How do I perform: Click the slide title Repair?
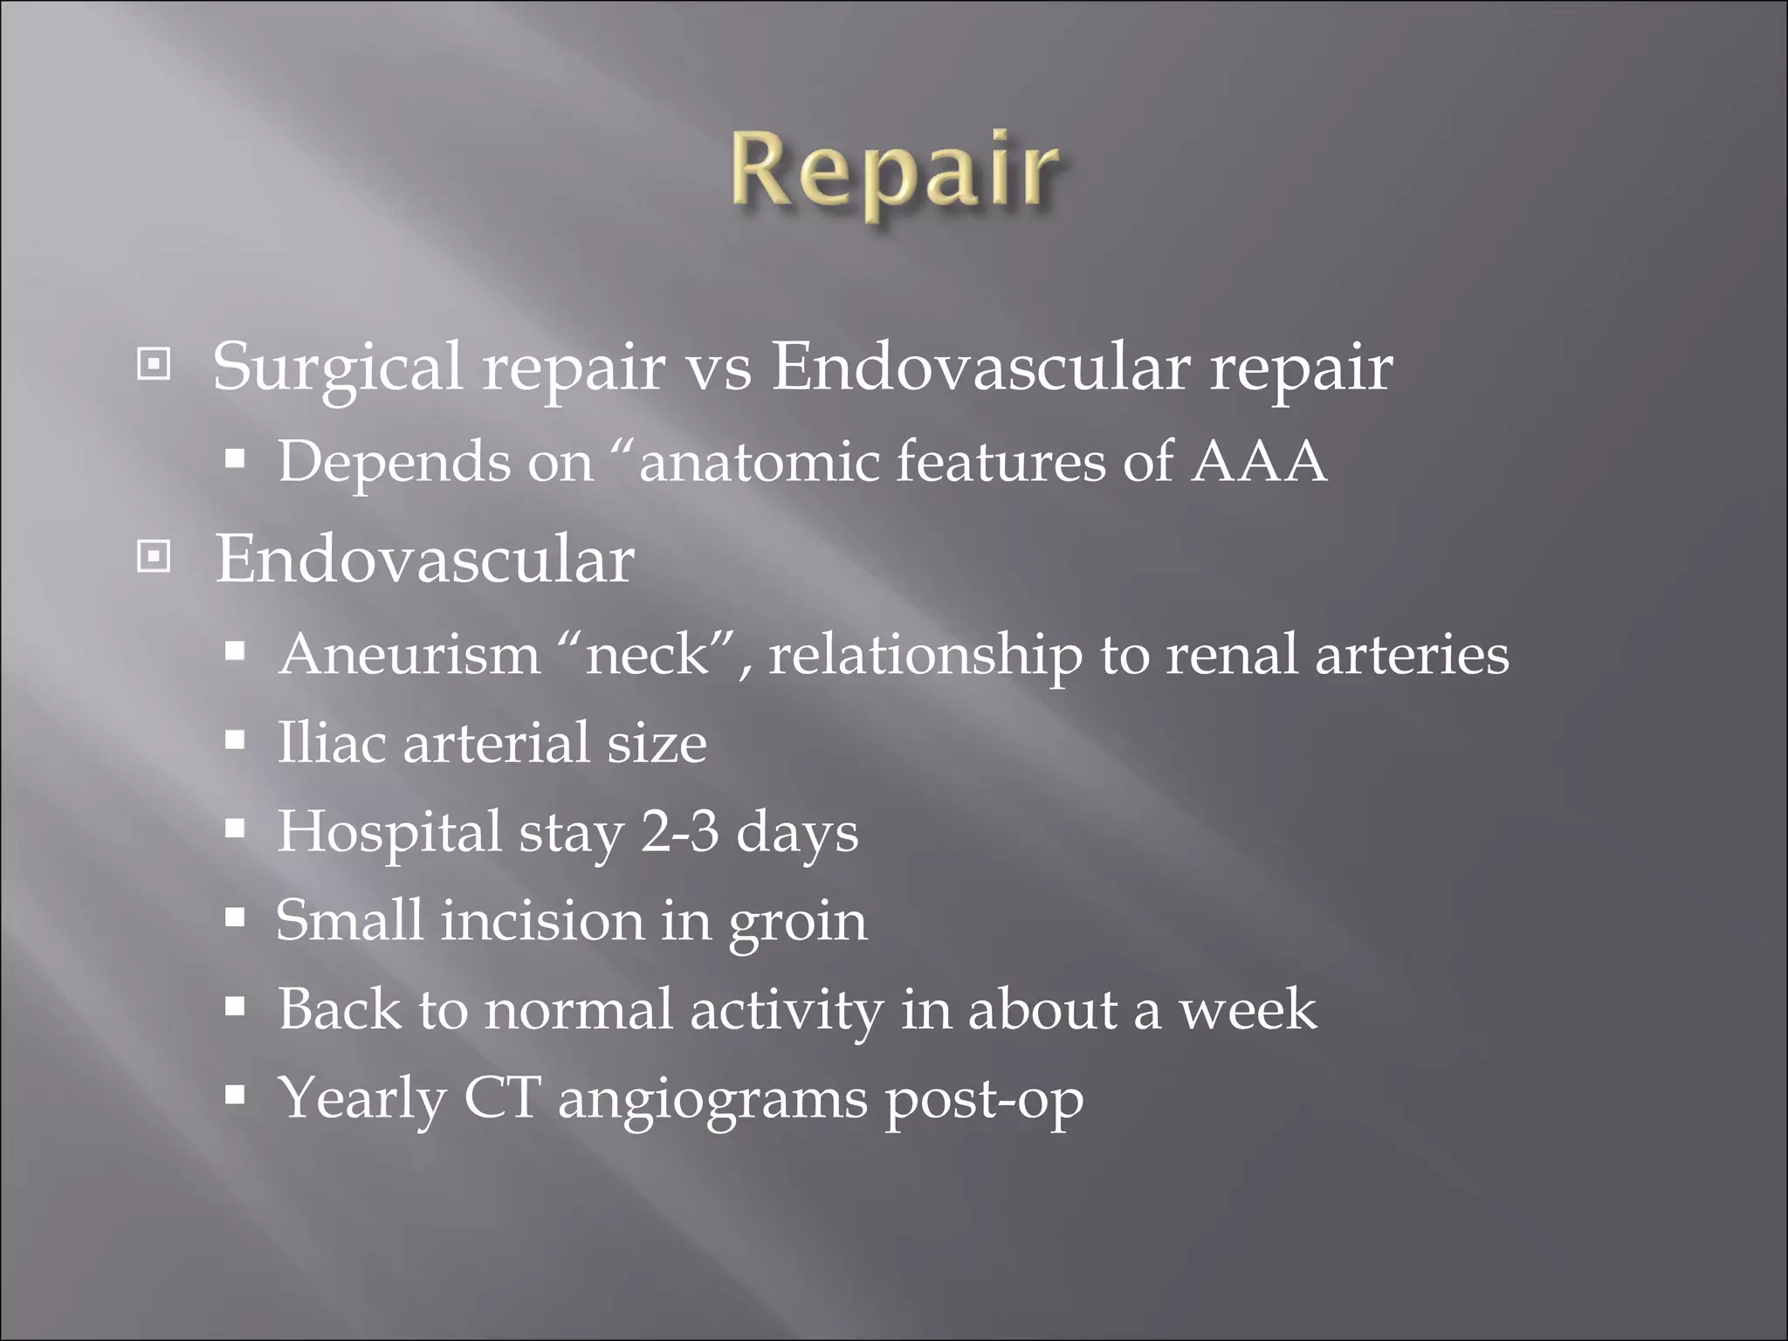(894, 170)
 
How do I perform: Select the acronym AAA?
(1259, 462)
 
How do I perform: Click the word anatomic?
(759, 462)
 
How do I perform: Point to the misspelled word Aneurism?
(409, 655)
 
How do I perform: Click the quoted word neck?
(647, 655)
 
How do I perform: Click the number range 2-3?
(680, 832)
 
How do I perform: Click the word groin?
(798, 924)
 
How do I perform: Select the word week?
(1248, 1010)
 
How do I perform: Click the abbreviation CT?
(502, 1098)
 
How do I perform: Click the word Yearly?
(361, 1100)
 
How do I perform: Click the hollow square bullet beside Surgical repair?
(155, 365)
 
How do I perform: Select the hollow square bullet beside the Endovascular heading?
(155, 556)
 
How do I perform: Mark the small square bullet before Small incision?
(234, 918)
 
